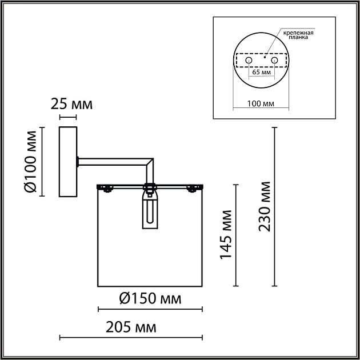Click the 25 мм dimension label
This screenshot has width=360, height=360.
[x=71, y=104]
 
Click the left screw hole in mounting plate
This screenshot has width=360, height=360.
[x=249, y=61]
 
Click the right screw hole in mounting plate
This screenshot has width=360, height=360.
[x=274, y=61]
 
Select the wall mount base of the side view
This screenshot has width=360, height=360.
[x=69, y=162]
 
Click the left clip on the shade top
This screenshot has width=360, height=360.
[x=106, y=187]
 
